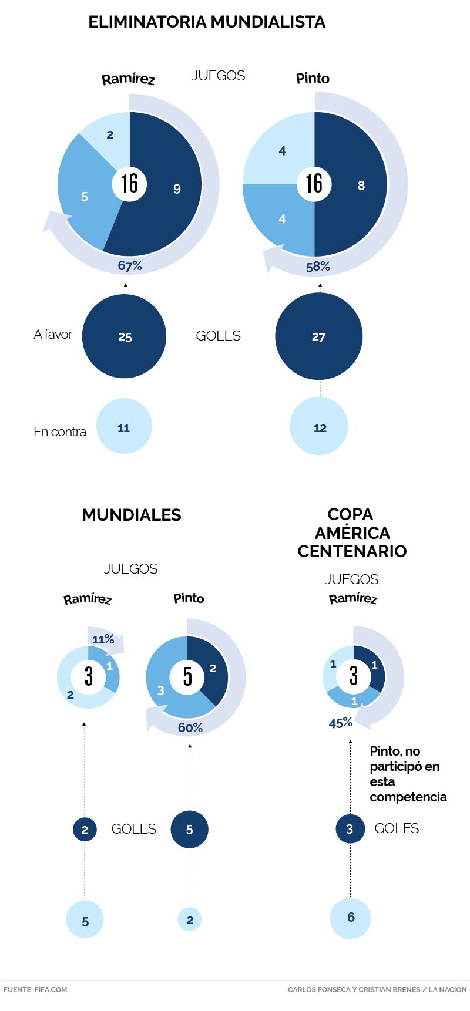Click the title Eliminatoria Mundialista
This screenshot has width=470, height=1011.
[207, 22]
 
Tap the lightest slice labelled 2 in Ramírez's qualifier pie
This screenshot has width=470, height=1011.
[109, 133]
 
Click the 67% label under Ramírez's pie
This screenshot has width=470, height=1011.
[130, 266]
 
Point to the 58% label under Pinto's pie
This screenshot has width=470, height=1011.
[318, 267]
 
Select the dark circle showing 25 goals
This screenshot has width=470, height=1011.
[125, 337]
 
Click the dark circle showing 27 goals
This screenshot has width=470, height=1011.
[318, 337]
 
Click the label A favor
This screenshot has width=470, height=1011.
[53, 335]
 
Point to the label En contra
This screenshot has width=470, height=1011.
[59, 432]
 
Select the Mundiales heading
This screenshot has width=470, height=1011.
[132, 515]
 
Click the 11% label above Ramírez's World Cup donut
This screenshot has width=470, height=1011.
[103, 639]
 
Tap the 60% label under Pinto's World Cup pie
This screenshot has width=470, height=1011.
[190, 728]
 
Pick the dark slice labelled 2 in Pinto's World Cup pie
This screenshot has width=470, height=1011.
[211, 669]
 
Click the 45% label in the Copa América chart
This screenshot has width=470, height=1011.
[341, 723]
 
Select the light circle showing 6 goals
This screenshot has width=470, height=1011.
[351, 918]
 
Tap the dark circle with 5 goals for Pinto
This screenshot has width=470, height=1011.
[189, 830]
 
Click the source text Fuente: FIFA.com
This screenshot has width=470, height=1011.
[35, 989]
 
